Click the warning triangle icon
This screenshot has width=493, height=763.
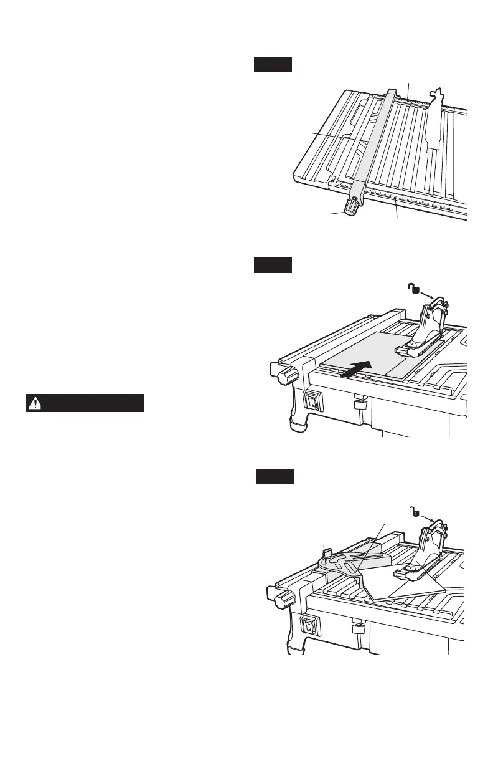click(x=35, y=403)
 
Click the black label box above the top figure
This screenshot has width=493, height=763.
click(x=273, y=64)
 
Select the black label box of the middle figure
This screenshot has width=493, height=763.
click(x=273, y=266)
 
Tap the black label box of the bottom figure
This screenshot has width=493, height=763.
click(x=292, y=477)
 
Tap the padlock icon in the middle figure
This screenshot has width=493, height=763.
click(x=413, y=289)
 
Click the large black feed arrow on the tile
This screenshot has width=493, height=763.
click(x=359, y=368)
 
